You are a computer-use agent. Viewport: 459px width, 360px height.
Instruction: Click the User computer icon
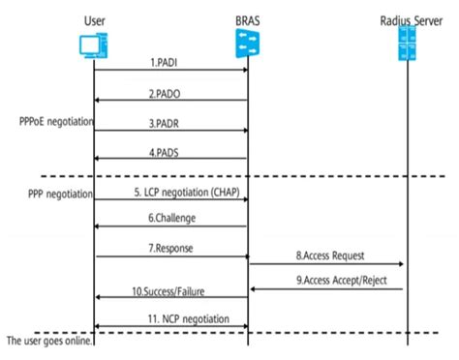(93, 43)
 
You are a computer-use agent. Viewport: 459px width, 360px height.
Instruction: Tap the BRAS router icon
(249, 44)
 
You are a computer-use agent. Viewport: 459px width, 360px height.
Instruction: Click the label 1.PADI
(170, 62)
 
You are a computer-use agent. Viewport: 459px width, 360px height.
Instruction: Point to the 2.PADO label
(170, 93)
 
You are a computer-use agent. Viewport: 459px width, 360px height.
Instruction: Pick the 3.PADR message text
(170, 123)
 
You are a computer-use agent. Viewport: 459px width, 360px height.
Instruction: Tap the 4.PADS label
(170, 153)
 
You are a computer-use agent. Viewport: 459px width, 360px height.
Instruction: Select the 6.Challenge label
(170, 220)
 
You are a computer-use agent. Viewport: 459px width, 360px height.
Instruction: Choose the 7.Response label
(170, 248)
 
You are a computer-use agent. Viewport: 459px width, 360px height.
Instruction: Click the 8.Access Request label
(325, 255)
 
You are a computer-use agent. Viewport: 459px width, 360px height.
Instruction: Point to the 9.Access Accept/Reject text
(325, 281)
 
